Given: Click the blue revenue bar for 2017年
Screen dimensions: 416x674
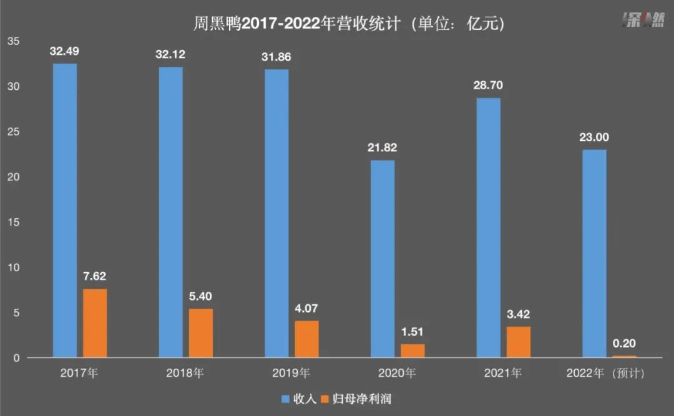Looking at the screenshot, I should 65,210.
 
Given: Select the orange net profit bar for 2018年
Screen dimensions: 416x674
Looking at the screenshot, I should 201,333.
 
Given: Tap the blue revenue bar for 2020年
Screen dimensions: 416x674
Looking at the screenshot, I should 383,259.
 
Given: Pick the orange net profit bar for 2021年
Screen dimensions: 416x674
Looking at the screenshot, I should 518,342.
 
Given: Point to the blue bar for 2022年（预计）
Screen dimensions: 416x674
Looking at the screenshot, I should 593,253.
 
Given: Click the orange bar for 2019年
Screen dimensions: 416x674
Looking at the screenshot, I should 306,339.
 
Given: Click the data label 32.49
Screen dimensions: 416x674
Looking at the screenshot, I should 65,51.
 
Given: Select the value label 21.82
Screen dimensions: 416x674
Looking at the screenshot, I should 383,148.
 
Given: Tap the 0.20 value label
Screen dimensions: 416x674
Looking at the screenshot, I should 623,343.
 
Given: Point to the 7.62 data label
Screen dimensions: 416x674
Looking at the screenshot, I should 95,276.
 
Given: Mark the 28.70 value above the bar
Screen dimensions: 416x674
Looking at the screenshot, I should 488,85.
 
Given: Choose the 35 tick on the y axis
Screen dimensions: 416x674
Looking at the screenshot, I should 14,41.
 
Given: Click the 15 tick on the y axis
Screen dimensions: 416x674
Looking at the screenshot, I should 14,223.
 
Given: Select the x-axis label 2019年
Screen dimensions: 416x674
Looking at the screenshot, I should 291,374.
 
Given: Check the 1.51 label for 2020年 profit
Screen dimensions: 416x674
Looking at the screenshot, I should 413,332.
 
